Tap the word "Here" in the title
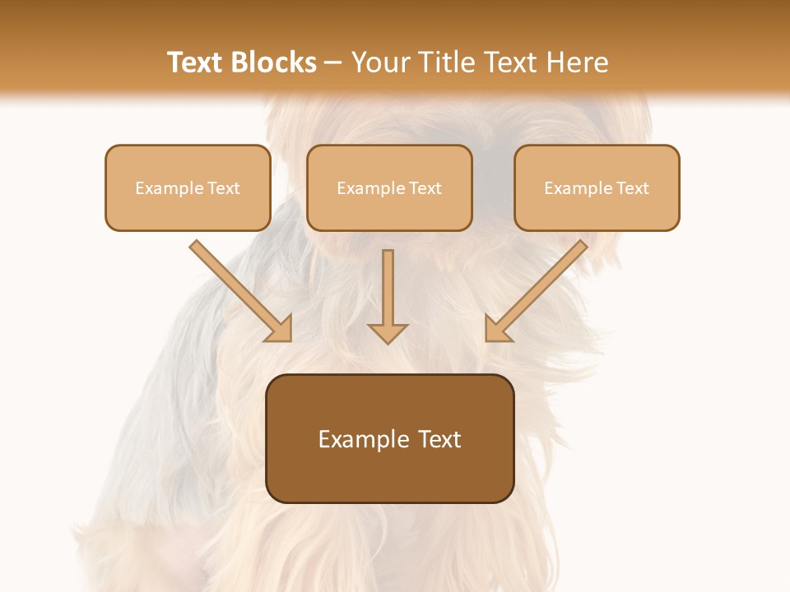(577, 62)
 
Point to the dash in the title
(334, 62)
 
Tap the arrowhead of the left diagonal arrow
(280, 330)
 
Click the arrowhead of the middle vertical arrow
(388, 333)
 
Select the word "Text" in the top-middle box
(425, 188)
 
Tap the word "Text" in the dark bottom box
(440, 439)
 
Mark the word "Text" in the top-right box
(633, 188)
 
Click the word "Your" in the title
(381, 62)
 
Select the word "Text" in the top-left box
(224, 188)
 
